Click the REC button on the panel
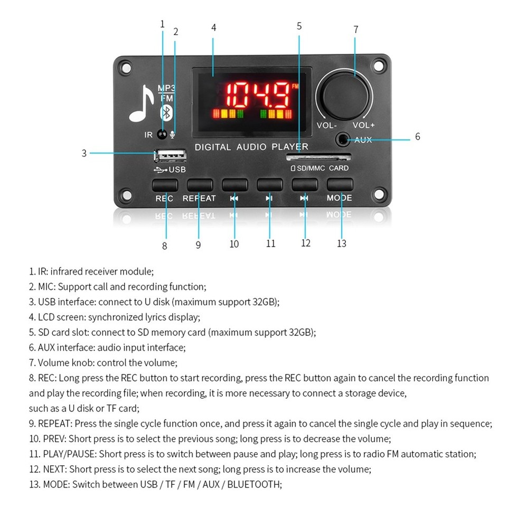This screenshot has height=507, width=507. click(164, 185)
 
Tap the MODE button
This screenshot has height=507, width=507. click(339, 185)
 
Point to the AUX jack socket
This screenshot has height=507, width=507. click(344, 139)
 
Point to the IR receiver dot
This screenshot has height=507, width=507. click(162, 135)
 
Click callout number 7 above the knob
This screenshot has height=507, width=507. click(356, 30)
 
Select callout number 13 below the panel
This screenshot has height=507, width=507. click(342, 243)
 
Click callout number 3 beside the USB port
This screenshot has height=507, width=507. click(84, 153)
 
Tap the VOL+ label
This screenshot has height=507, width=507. click(363, 126)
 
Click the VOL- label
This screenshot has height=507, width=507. click(326, 126)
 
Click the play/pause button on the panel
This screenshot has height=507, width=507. click(269, 185)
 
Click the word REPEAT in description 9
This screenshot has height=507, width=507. click(55, 424)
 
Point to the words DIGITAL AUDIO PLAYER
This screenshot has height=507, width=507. click(251, 147)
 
